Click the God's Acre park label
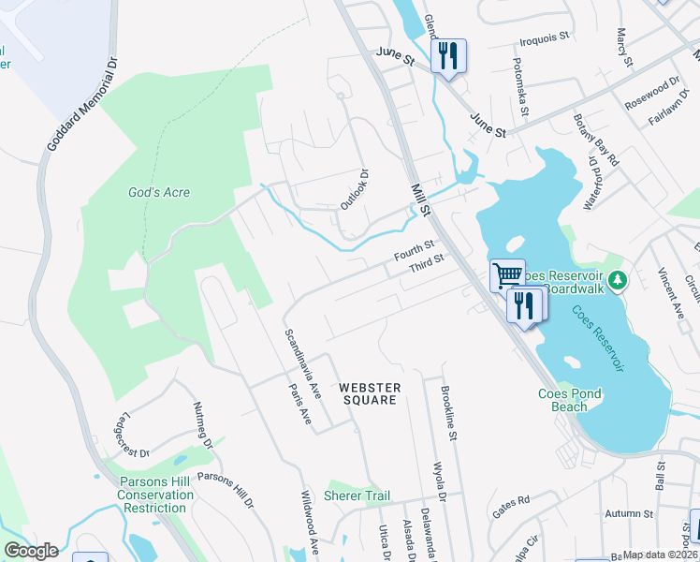click(x=159, y=193)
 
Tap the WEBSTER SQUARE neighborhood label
click(x=370, y=393)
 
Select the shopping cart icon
click(x=507, y=275)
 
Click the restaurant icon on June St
click(x=448, y=55)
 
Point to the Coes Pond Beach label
click(x=576, y=400)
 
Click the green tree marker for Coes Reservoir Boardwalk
click(x=617, y=280)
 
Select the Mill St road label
click(x=419, y=200)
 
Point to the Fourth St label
click(x=415, y=250)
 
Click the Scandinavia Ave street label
click(x=303, y=361)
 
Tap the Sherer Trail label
click(x=357, y=495)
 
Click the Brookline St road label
click(x=447, y=412)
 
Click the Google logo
click(x=31, y=551)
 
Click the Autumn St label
click(x=628, y=513)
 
